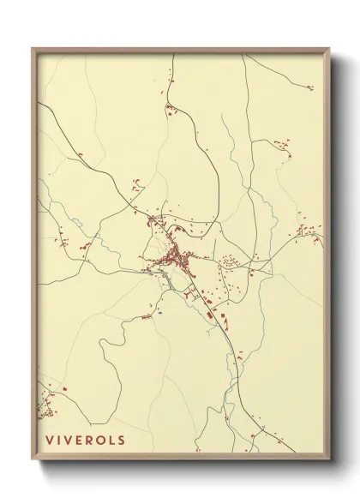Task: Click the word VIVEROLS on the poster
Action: (86, 441)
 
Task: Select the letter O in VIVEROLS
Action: (101, 441)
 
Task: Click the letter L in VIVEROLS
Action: (112, 441)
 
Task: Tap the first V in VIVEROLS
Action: (50, 441)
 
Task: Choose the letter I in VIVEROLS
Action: (58, 441)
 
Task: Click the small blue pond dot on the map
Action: (159, 313)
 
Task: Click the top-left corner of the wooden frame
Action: (33, 49)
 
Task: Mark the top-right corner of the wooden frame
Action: (329, 49)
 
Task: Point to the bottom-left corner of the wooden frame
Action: (33, 461)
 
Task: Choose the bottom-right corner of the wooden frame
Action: (329, 461)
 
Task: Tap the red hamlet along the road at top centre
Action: (171, 109)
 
